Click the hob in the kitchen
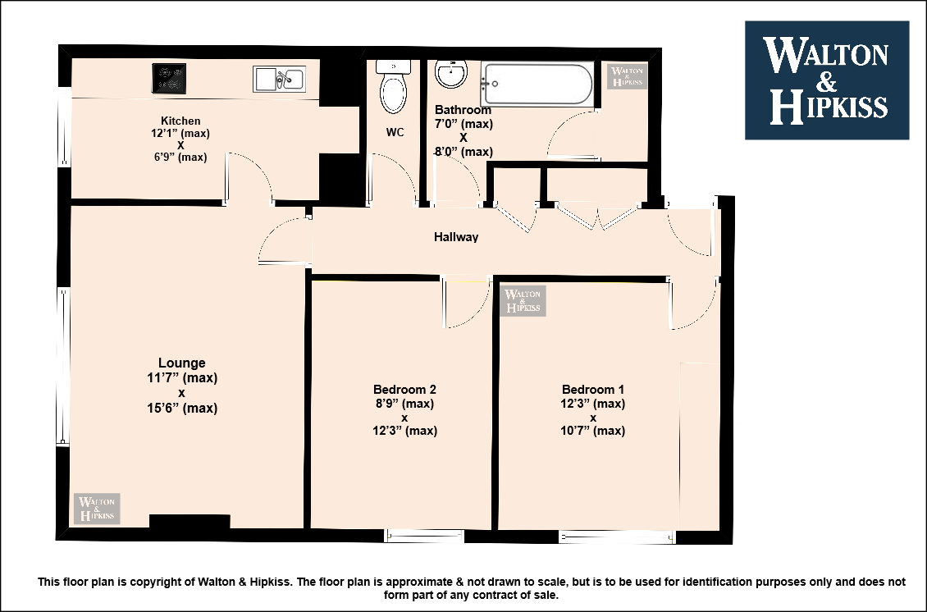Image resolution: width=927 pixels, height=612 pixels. tap(169, 79)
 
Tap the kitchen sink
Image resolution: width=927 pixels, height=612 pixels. tap(279, 80)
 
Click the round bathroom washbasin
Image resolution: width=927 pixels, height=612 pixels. tap(451, 73)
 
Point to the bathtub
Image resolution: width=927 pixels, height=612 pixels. tap(537, 84)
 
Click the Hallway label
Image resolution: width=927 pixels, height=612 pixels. tap(456, 237)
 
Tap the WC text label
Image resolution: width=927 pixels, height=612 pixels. tap(395, 132)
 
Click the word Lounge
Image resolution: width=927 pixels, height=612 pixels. tap(181, 363)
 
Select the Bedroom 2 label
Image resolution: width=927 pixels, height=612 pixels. tap(404, 390)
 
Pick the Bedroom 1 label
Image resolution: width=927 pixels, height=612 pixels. tap(593, 390)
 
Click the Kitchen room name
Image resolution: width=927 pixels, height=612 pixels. tap(180, 121)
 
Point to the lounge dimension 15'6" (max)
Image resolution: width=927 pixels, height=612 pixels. tap(182, 408)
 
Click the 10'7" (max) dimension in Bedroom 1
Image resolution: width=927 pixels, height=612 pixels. tap(593, 431)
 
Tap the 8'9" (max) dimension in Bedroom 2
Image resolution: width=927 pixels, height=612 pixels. tap(404, 404)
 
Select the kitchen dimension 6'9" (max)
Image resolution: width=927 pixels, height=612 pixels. tap(180, 158)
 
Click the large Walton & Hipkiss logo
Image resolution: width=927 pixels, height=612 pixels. tap(827, 80)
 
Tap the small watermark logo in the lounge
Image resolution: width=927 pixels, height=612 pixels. tap(97, 509)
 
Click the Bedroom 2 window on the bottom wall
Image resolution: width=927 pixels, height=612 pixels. tap(424, 537)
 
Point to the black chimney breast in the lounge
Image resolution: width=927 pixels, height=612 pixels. tap(190, 522)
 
